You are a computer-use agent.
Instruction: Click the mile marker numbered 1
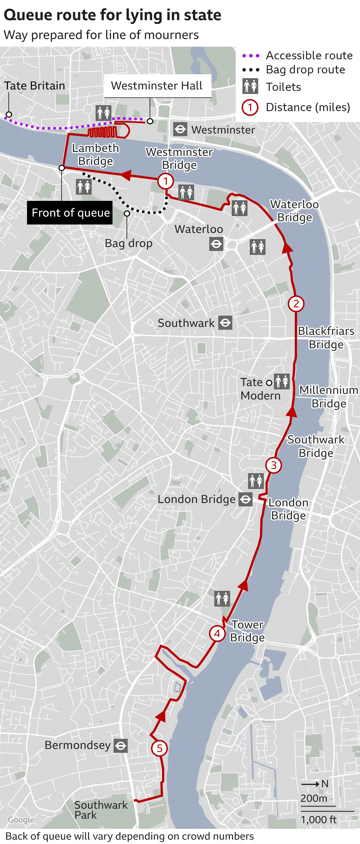(x=165, y=181)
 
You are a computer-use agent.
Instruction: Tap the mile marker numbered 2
(x=296, y=304)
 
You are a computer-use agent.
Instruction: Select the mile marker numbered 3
(x=274, y=465)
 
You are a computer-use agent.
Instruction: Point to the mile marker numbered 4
(x=217, y=634)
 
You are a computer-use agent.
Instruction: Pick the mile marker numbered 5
(x=159, y=748)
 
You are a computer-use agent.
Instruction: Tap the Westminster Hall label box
(x=157, y=86)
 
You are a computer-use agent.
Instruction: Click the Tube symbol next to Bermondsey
(x=121, y=746)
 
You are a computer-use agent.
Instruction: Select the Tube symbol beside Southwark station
(x=225, y=323)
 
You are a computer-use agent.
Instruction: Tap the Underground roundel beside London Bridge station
(x=245, y=499)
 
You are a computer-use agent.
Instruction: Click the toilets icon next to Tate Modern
(x=282, y=382)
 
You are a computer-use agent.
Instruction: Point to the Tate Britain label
(x=34, y=86)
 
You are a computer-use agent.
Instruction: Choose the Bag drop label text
(x=129, y=243)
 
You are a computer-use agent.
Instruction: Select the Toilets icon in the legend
(x=250, y=86)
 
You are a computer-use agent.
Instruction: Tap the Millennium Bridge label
(x=328, y=396)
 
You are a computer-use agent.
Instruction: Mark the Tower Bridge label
(x=247, y=631)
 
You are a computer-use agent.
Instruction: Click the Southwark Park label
(x=101, y=810)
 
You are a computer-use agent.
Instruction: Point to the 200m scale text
(x=314, y=798)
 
